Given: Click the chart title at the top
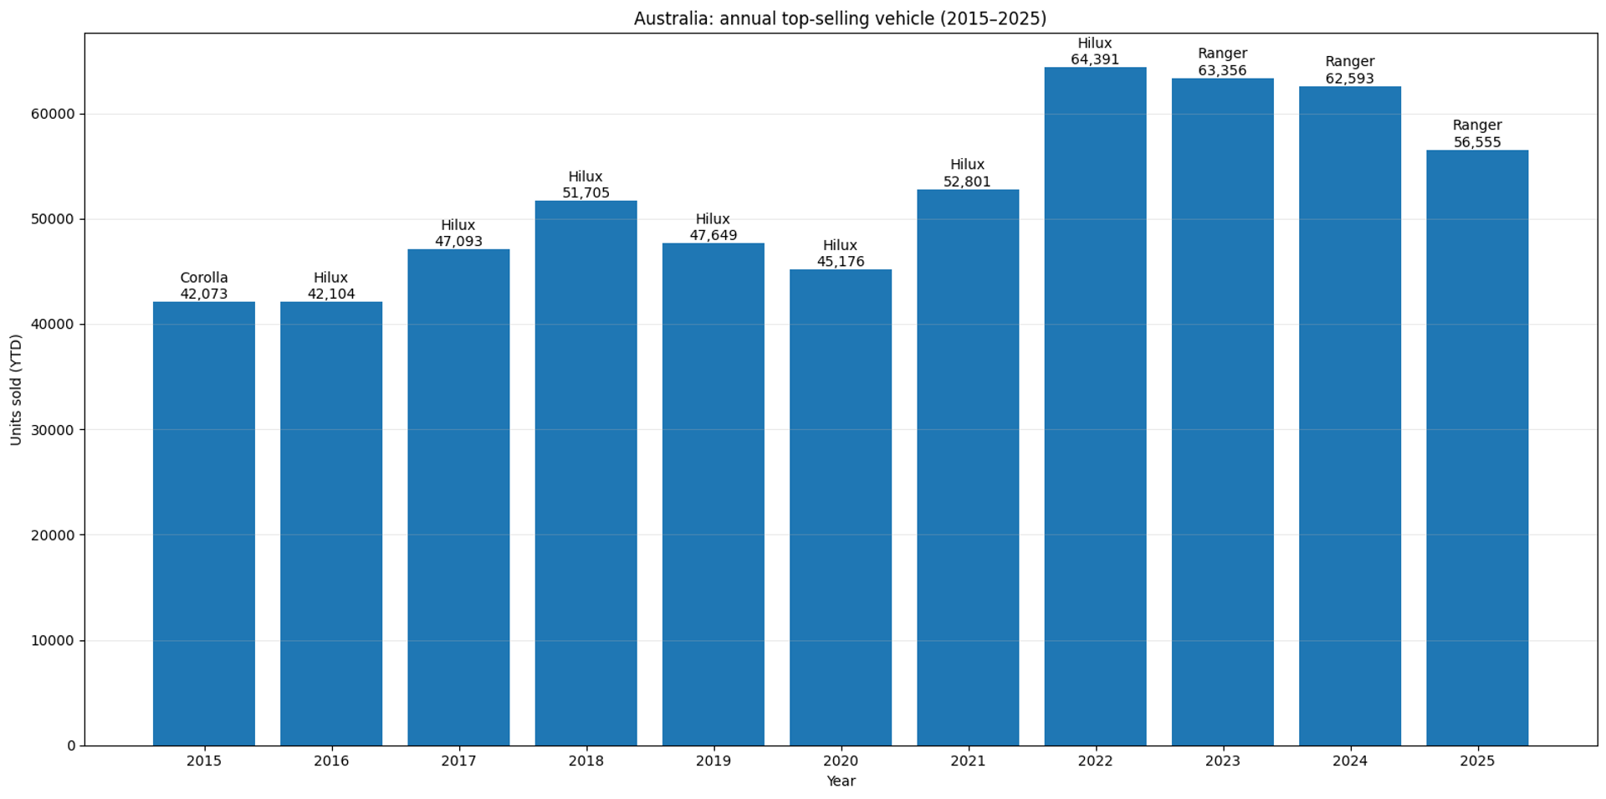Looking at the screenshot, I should (x=840, y=18).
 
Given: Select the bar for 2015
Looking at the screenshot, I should (x=204, y=523).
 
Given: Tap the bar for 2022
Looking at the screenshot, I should (x=1095, y=406).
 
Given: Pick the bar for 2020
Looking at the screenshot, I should (x=841, y=507).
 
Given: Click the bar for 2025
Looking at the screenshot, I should (x=1477, y=448).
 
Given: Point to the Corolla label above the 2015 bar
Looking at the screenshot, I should (x=204, y=278).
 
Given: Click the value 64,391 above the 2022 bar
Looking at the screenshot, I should (x=1095, y=59).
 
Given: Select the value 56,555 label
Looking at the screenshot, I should (x=1477, y=142).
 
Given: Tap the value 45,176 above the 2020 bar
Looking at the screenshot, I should (x=841, y=262).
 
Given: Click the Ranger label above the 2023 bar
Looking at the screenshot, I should (x=1222, y=54).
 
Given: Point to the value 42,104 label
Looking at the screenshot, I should (x=331, y=295).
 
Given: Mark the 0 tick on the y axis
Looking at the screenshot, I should (x=72, y=745).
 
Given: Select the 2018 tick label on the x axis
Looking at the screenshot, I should (x=586, y=761).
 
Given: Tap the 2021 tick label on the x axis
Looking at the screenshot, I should (x=968, y=761).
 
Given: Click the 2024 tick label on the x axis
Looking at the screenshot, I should (x=1350, y=761).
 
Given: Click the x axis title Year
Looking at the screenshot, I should (x=841, y=781).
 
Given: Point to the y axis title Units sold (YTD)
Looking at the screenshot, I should (x=17, y=390).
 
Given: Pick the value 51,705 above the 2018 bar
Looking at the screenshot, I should (x=586, y=193).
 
